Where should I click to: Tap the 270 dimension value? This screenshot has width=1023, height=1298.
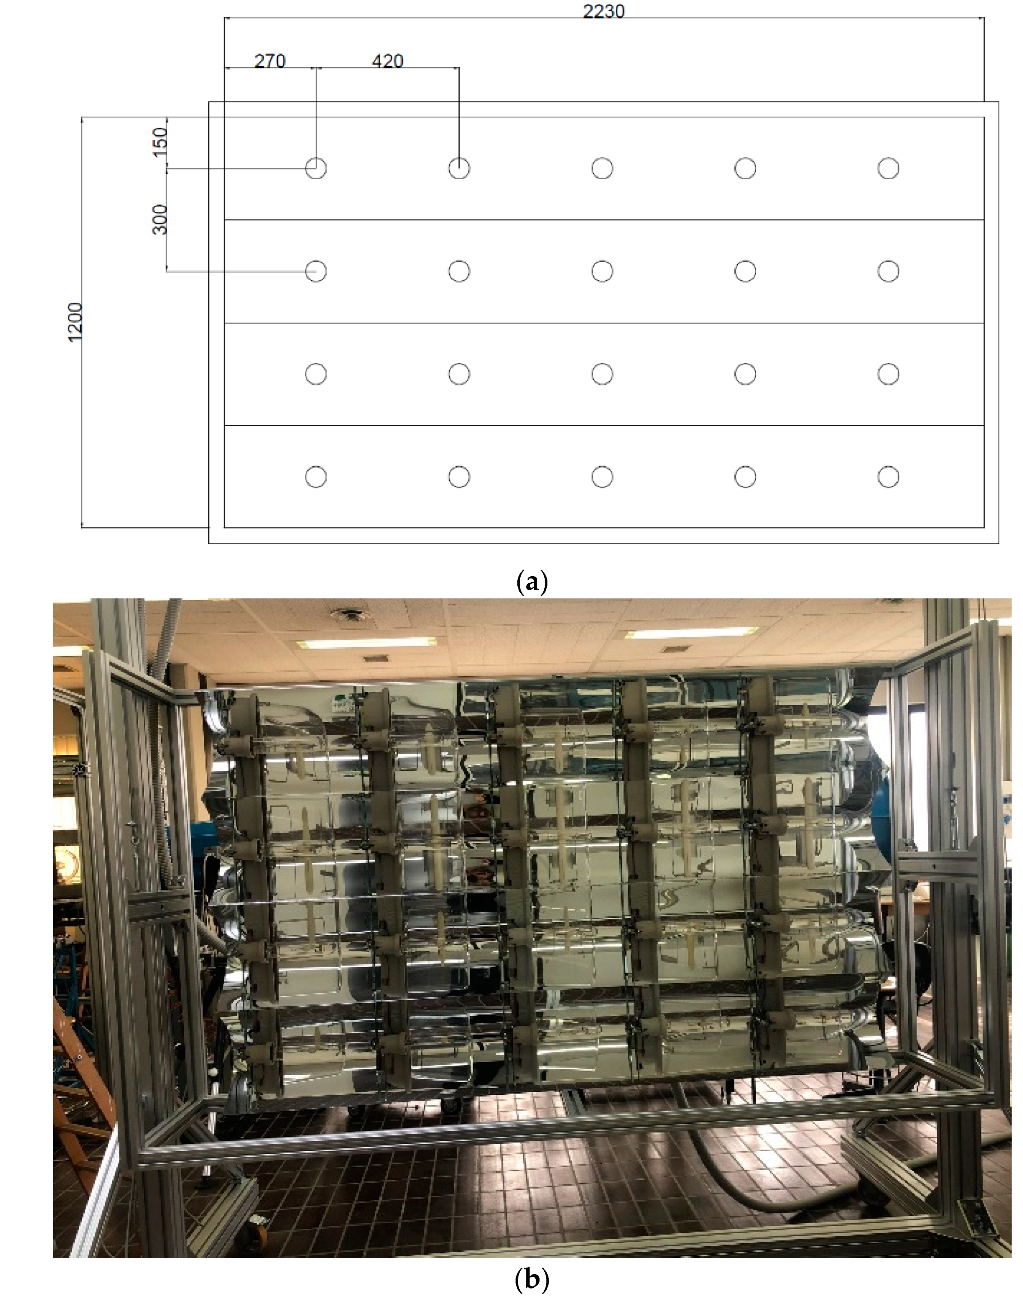[270, 61]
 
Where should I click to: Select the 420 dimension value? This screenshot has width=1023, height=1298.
[387, 61]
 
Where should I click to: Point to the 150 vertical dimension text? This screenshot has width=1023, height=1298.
[160, 143]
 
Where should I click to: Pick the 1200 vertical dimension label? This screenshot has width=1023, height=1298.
[76, 323]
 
